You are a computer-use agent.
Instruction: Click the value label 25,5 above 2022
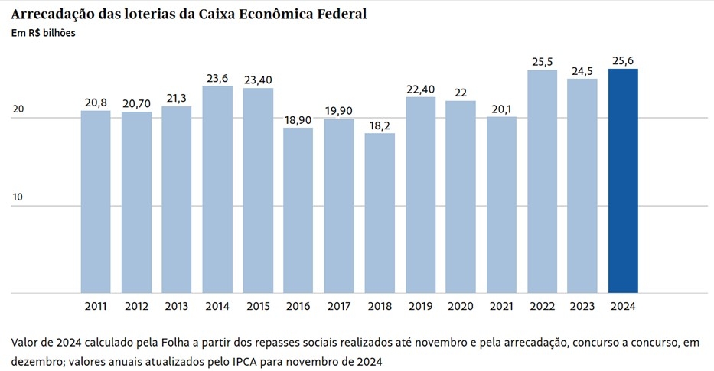(x=542, y=60)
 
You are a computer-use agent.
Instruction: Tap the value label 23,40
(x=258, y=79)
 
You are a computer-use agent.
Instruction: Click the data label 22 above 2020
(x=461, y=92)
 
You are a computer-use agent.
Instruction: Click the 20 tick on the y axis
(x=18, y=109)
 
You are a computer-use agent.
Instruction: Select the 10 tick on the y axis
(x=18, y=197)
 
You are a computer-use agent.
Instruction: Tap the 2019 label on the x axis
(x=420, y=306)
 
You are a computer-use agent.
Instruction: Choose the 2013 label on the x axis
(x=177, y=306)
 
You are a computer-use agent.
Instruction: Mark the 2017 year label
(x=339, y=306)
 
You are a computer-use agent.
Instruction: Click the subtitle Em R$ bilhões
(x=43, y=33)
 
